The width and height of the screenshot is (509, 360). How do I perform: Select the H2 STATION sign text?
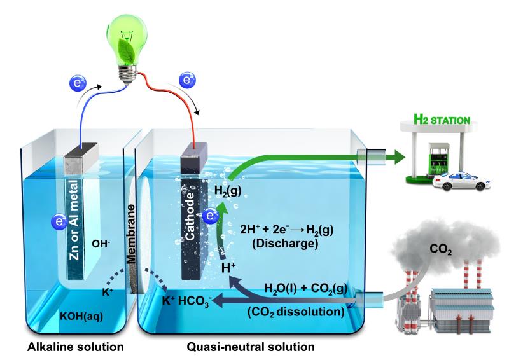[442, 120]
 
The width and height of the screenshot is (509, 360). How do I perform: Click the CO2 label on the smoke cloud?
[440, 249]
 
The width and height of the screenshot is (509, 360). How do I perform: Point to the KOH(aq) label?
[81, 316]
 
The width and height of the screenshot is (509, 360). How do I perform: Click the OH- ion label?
[101, 243]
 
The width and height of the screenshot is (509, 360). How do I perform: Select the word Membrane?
[131, 233]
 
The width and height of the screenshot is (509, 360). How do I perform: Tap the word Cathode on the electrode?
[190, 217]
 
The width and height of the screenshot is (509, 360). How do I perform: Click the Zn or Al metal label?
[74, 220]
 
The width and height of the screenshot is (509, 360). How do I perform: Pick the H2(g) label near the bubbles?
[228, 191]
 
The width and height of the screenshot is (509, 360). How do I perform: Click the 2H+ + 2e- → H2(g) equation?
[287, 230]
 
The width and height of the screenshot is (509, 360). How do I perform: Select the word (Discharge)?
[285, 244]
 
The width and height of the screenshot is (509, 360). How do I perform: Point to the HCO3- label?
[195, 301]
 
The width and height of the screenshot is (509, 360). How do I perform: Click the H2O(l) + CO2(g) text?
[306, 288]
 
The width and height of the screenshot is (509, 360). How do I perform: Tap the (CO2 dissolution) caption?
[296, 312]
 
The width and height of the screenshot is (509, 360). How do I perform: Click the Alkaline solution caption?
[75, 347]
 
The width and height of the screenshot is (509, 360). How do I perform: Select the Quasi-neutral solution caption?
[250, 347]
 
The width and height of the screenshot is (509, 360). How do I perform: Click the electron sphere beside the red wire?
[187, 79]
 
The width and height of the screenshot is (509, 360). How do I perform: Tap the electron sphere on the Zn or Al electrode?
[60, 222]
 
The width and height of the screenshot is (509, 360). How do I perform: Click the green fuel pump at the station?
[438, 160]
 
